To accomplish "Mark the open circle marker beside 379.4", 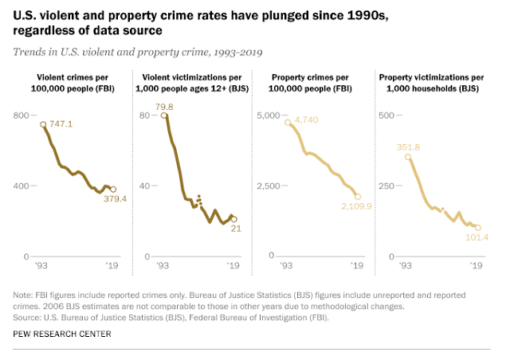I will (x=112, y=190).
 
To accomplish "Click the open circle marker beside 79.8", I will (x=164, y=115).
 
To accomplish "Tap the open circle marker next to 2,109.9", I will (x=358, y=196).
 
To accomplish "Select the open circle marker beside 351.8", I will (x=408, y=157).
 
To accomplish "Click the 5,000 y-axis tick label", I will (x=266, y=115).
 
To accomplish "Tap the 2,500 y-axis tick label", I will (x=266, y=186).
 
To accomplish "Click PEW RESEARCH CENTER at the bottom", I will (x=63, y=333).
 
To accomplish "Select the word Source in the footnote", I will (x=29, y=315).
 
